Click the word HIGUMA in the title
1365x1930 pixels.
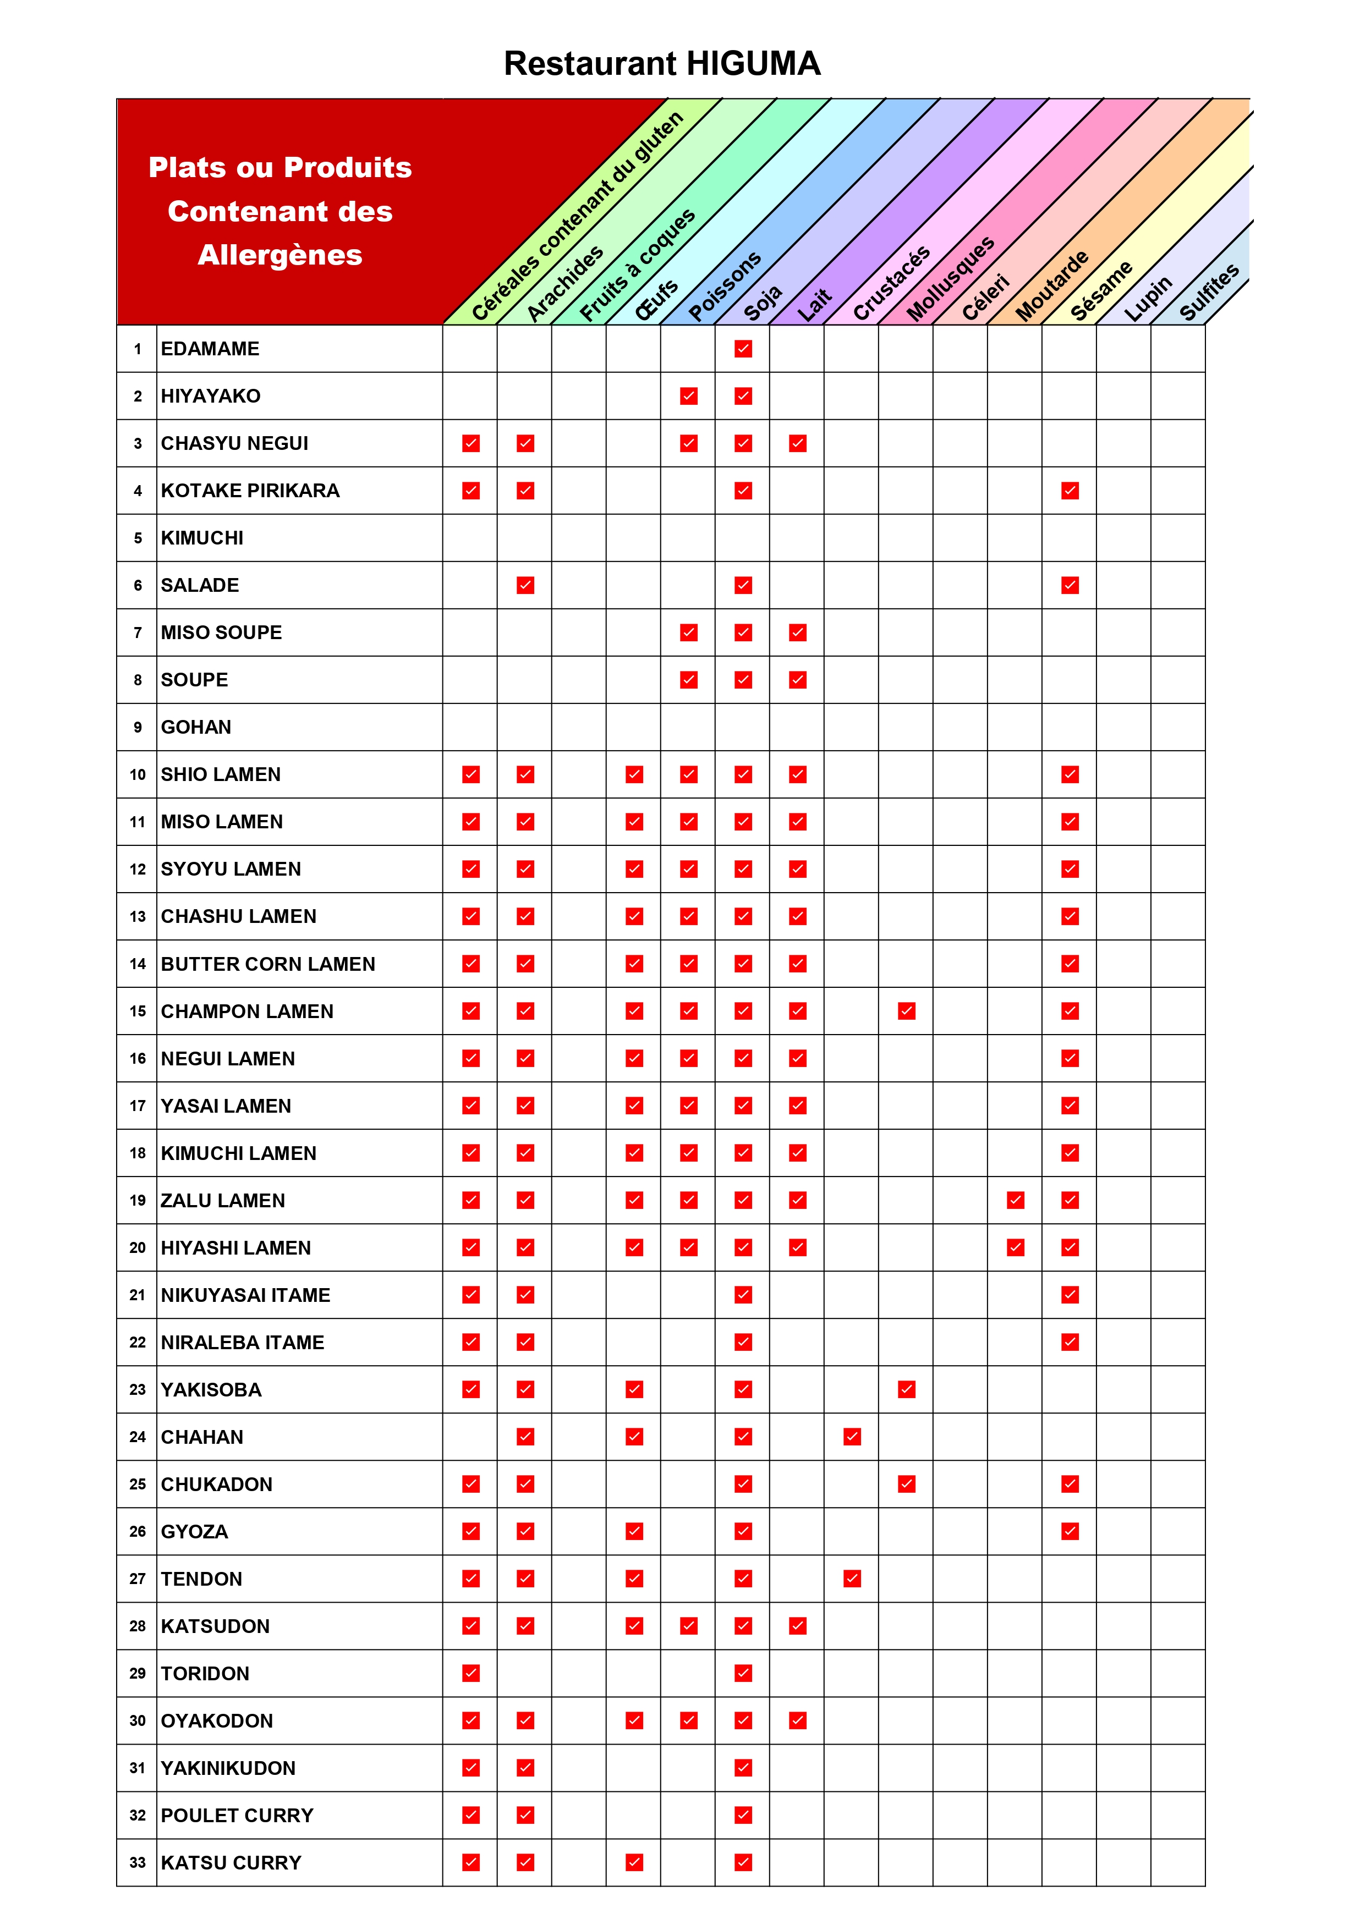753,64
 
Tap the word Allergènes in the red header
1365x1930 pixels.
280,255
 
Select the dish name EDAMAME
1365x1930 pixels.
210,349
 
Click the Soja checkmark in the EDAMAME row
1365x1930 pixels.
743,349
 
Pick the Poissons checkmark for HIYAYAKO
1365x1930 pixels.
689,396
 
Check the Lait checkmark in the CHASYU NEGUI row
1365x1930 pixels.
798,443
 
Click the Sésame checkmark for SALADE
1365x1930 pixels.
1070,585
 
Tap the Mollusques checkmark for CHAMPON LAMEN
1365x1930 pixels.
907,1011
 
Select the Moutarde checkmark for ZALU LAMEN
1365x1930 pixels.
1016,1200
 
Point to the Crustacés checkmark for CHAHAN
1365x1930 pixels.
852,1437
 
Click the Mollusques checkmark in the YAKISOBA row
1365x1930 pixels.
907,1389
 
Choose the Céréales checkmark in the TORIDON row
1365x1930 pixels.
471,1673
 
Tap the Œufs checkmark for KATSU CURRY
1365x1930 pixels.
635,1862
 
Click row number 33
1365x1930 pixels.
137,1862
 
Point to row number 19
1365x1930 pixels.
137,1200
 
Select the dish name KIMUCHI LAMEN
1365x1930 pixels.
239,1153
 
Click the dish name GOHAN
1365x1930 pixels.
196,727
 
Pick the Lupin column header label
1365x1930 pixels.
1148,299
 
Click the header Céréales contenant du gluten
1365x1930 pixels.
578,217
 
